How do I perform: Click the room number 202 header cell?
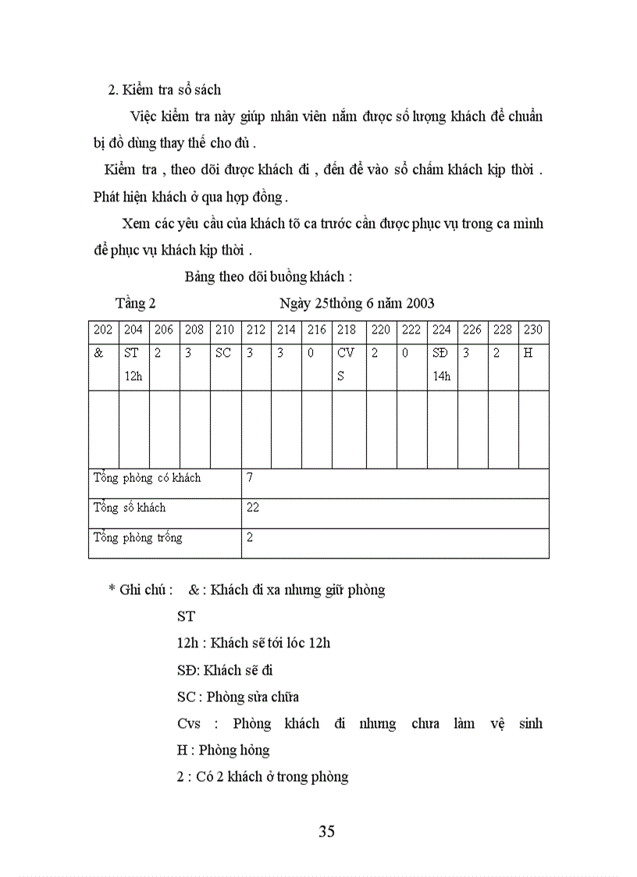click(x=103, y=330)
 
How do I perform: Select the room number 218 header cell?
click(x=347, y=330)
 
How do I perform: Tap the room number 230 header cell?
click(x=533, y=330)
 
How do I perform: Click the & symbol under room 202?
click(x=98, y=352)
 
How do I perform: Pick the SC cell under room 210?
click(x=223, y=352)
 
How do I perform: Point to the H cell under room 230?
click(x=528, y=352)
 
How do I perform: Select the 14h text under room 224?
click(x=442, y=376)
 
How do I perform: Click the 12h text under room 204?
click(x=133, y=376)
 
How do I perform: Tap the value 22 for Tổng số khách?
click(x=253, y=508)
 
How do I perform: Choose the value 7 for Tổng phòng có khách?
click(x=250, y=477)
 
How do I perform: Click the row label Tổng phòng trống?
click(x=137, y=538)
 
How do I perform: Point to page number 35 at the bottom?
click(x=327, y=831)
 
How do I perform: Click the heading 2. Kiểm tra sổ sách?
click(x=164, y=90)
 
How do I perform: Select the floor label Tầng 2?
click(x=136, y=303)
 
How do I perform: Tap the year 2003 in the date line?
click(x=418, y=303)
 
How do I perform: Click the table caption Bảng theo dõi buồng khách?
click(x=269, y=276)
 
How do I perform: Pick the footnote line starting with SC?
click(x=237, y=697)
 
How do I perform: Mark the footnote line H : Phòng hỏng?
click(x=223, y=750)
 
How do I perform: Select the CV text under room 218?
click(x=346, y=352)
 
